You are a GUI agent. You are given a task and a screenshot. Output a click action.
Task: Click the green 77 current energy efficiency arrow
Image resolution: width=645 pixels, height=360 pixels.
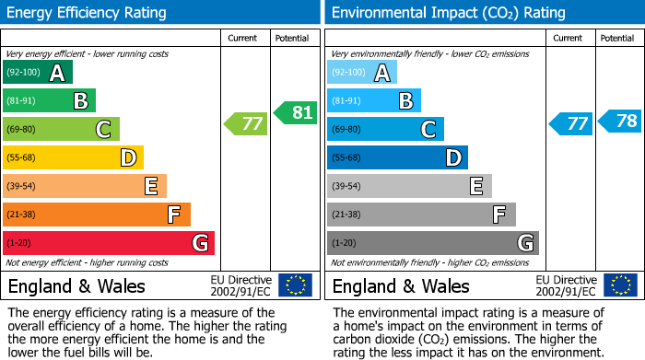pyautogui.click(x=245, y=122)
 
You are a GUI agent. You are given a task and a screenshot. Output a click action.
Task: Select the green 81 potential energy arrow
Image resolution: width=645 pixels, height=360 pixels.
pyautogui.click(x=295, y=112)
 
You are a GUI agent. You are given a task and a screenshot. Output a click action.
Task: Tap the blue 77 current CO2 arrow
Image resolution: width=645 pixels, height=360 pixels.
pyautogui.click(x=570, y=123)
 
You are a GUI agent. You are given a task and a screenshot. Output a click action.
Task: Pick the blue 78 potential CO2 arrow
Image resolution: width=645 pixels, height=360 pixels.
pyautogui.click(x=620, y=121)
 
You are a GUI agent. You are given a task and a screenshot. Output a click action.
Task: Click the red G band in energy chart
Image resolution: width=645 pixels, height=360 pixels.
pyautogui.click(x=109, y=243)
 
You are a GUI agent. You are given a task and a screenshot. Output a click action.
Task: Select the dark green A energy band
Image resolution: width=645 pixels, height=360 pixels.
pyautogui.click(x=38, y=72)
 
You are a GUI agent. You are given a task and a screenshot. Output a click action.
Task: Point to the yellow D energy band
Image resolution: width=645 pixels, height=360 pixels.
pyautogui.click(x=74, y=157)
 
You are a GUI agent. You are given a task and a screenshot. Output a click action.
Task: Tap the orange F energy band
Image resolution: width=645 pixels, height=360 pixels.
pyautogui.click(x=97, y=215)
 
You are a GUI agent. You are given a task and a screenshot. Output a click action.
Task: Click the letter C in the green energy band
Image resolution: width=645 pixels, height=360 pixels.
pyautogui.click(x=104, y=130)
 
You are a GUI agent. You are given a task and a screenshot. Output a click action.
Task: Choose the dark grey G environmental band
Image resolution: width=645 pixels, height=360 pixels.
pyautogui.click(x=433, y=243)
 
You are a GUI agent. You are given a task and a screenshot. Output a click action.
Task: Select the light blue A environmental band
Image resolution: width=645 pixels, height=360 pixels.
pyautogui.click(x=362, y=72)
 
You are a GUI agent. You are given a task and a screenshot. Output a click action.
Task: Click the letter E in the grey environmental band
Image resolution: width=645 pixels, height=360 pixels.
pyautogui.click(x=476, y=187)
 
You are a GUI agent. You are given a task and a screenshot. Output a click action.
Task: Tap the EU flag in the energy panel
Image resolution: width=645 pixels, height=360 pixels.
pyautogui.click(x=295, y=285)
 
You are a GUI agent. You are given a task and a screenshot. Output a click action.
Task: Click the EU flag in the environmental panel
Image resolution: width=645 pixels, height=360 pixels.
pyautogui.click(x=620, y=285)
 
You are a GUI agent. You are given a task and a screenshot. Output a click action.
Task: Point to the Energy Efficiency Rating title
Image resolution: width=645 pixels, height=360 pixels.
pyautogui.click(x=88, y=13)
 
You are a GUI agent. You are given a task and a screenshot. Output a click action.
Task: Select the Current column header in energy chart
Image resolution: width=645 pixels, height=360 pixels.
pyautogui.click(x=244, y=38)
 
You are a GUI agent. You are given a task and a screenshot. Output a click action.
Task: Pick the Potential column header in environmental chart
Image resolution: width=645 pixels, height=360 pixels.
pyautogui.click(x=617, y=38)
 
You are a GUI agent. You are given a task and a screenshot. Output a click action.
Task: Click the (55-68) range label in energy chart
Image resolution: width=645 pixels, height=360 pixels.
pyautogui.click(x=23, y=157)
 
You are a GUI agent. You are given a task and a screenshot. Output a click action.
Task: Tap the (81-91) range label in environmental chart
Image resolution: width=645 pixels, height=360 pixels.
pyautogui.click(x=347, y=100)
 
